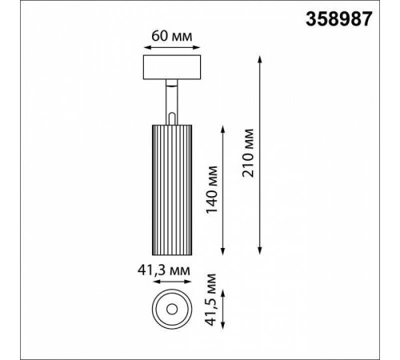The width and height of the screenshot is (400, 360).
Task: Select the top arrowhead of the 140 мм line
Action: (222, 126)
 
